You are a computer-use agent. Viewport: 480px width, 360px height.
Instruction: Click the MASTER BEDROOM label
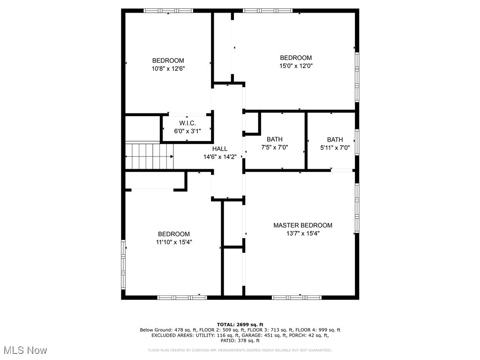(x=303, y=225)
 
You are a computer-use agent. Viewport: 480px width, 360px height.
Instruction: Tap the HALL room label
(x=220, y=149)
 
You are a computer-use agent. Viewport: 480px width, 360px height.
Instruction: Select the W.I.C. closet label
(x=187, y=124)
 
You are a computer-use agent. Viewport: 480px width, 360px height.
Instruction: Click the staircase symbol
(x=149, y=156)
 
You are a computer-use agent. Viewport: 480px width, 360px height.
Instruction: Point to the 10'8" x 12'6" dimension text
(x=168, y=68)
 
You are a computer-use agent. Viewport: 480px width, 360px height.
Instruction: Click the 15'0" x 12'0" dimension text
(x=296, y=66)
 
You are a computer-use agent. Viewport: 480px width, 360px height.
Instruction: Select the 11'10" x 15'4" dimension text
(x=173, y=242)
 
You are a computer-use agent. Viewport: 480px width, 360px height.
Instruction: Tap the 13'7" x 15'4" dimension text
(x=303, y=233)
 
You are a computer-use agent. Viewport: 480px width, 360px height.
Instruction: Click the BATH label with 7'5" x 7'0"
(x=275, y=139)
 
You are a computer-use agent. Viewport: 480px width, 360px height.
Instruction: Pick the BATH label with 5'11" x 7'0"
(x=335, y=140)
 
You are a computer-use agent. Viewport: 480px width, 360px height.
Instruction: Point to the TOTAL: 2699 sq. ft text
(x=240, y=324)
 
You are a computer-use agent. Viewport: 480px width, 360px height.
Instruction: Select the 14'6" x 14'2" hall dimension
(x=220, y=157)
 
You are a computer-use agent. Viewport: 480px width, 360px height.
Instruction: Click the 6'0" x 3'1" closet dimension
(x=187, y=132)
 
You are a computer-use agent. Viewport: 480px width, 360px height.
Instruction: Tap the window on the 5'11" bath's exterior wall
(x=357, y=142)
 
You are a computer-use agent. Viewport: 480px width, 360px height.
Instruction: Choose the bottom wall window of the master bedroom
(x=296, y=297)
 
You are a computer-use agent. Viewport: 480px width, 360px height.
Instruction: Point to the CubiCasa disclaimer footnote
(x=240, y=350)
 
